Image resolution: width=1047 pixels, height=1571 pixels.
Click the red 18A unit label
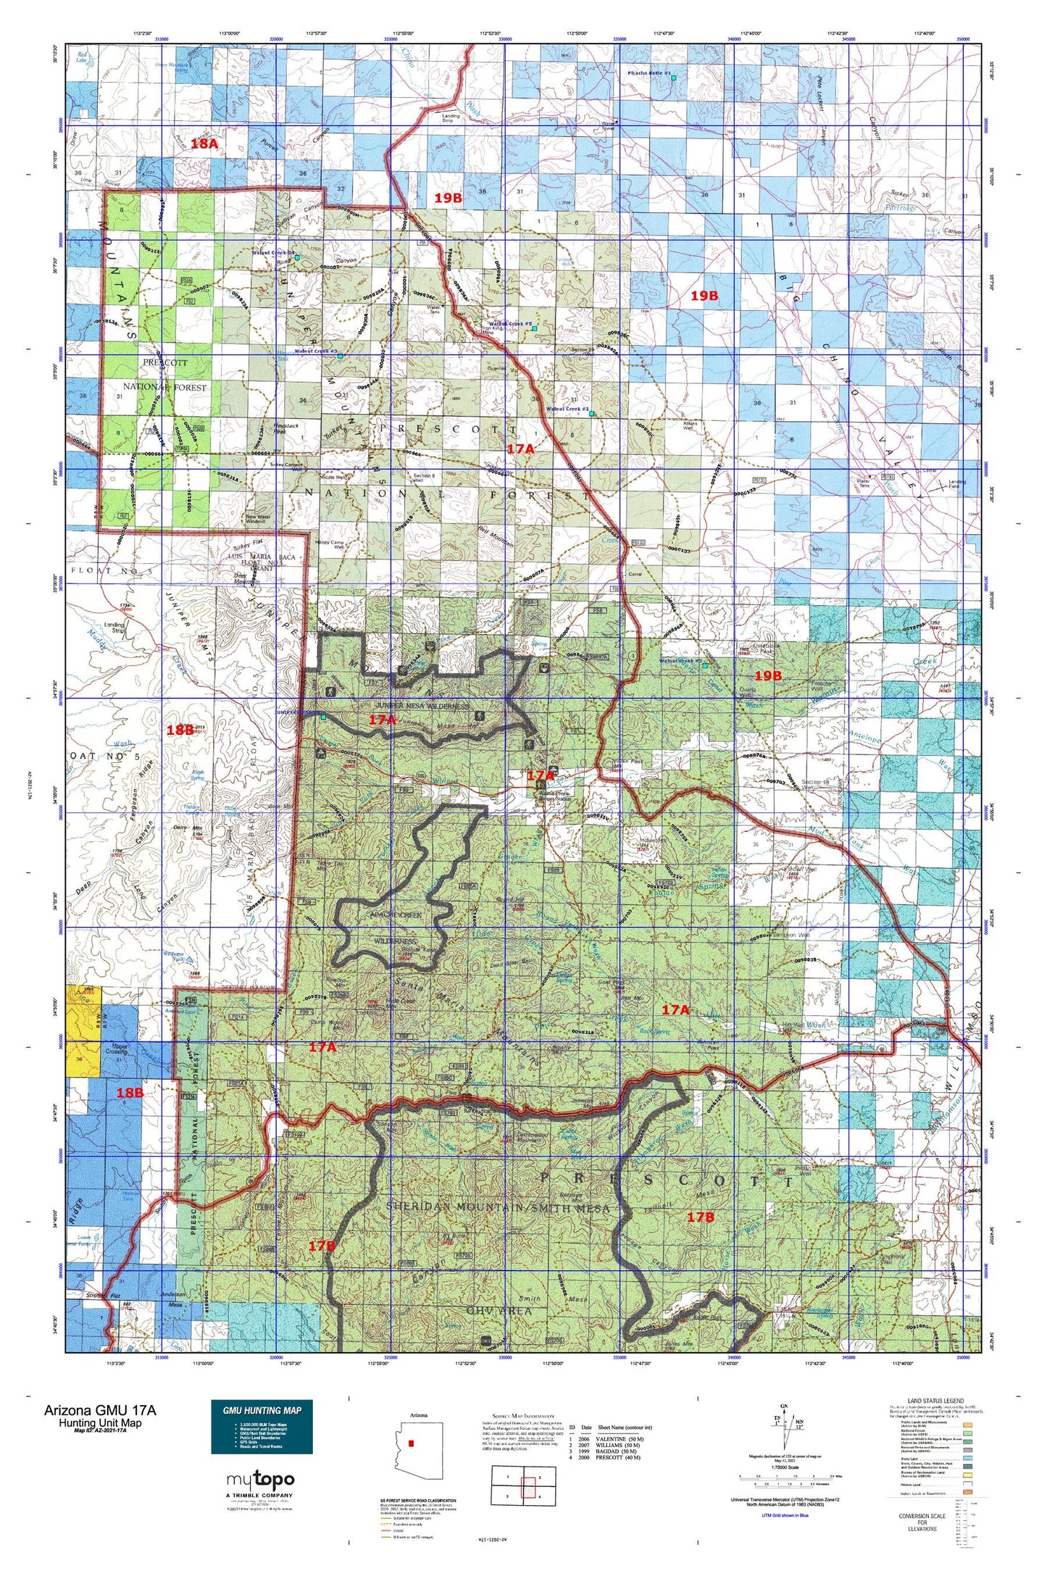click(x=204, y=143)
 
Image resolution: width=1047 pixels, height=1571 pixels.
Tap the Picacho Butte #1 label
click(x=649, y=74)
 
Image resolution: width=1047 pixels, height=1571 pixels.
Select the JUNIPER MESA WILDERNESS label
click(x=422, y=705)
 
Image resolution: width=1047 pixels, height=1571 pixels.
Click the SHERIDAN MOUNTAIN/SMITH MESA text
click(x=498, y=1207)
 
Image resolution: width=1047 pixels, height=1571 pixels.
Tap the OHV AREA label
click(x=499, y=1310)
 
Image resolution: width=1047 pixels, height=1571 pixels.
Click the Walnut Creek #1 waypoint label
click(x=567, y=409)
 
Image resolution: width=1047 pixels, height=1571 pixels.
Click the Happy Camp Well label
click(x=329, y=544)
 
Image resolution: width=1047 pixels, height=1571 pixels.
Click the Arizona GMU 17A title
click(x=99, y=1410)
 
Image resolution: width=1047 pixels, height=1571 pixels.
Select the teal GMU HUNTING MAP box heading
click(x=262, y=1409)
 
